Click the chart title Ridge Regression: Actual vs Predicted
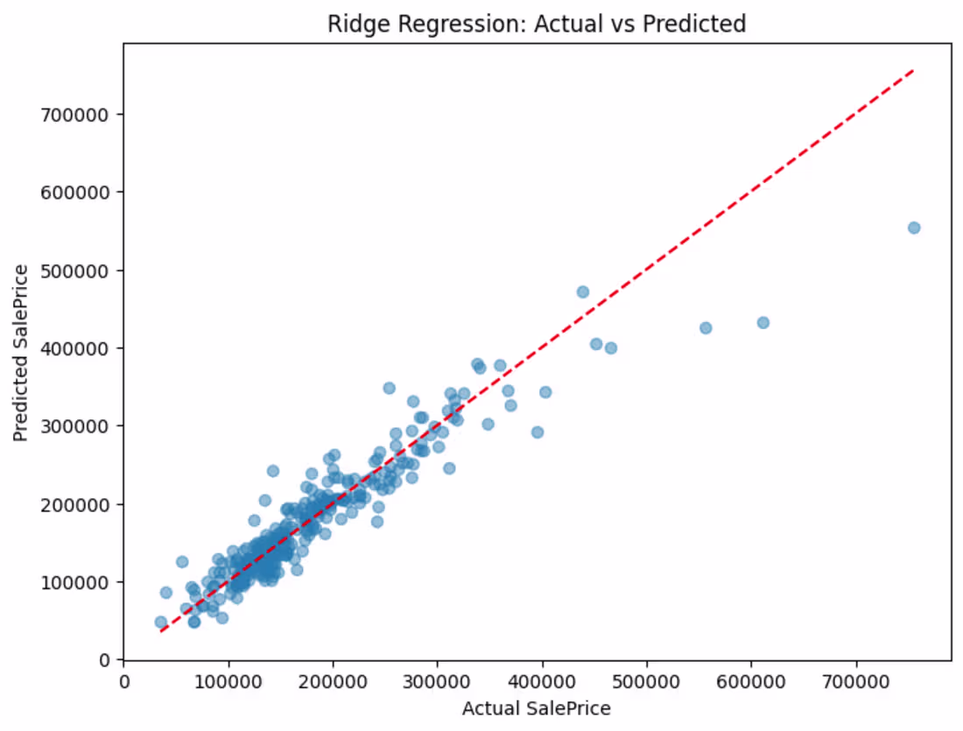(536, 24)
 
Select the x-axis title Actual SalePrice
(536, 708)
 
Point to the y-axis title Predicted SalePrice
(21, 353)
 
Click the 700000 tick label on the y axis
(74, 115)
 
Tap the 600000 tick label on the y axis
(74, 193)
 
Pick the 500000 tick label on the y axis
(74, 271)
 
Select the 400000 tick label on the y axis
(74, 348)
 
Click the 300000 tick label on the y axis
(74, 426)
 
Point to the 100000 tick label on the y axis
(74, 582)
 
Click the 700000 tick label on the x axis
(856, 682)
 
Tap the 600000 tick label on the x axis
(751, 682)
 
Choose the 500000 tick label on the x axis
(647, 682)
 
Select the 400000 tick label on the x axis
(542, 682)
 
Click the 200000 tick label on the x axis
(334, 682)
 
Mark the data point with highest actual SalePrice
(914, 228)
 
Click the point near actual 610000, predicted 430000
(763, 322)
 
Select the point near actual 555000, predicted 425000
(706, 328)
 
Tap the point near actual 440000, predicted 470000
(583, 292)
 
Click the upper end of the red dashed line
(914, 71)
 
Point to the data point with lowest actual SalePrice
(161, 622)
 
